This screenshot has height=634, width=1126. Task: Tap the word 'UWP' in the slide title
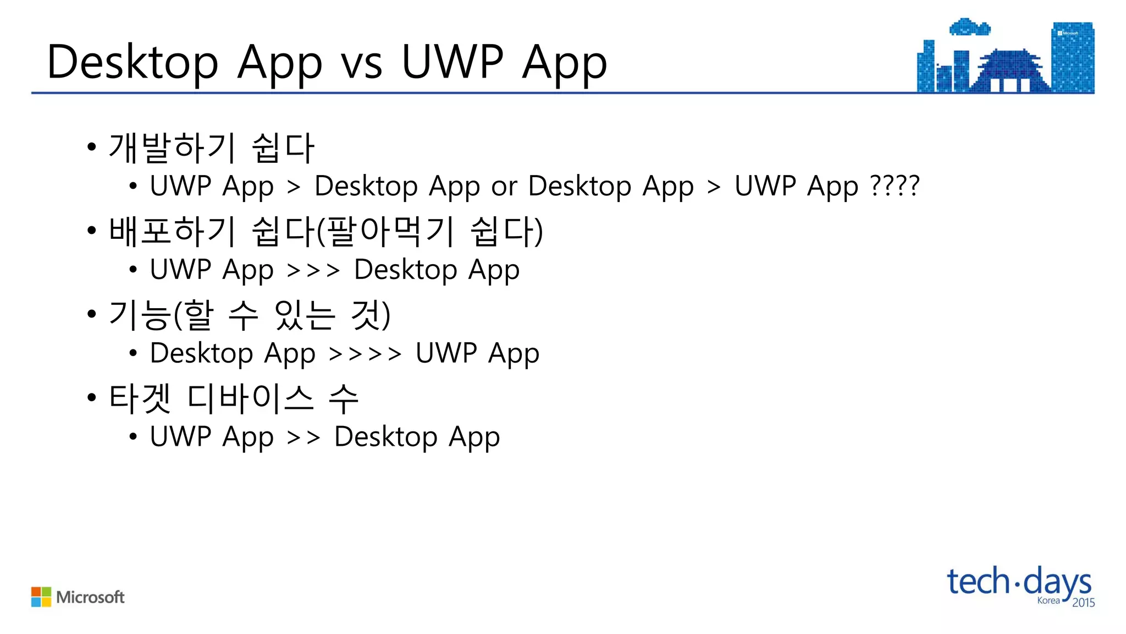452,62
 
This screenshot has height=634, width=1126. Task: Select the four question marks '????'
895,185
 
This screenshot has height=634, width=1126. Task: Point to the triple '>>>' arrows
313,270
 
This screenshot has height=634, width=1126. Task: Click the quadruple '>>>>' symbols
365,354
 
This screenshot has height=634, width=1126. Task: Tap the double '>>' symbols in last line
303,438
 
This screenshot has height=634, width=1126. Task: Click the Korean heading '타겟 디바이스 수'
234,398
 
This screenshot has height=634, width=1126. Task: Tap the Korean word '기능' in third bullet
140,315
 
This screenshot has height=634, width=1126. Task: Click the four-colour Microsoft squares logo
41,597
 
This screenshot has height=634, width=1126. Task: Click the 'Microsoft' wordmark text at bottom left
90,597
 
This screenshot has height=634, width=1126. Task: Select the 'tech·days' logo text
1018,582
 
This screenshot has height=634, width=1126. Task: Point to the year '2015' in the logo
1083,603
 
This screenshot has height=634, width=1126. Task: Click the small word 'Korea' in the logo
1048,600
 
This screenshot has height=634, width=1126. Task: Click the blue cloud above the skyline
970,27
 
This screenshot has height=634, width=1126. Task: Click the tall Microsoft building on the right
1073,58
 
